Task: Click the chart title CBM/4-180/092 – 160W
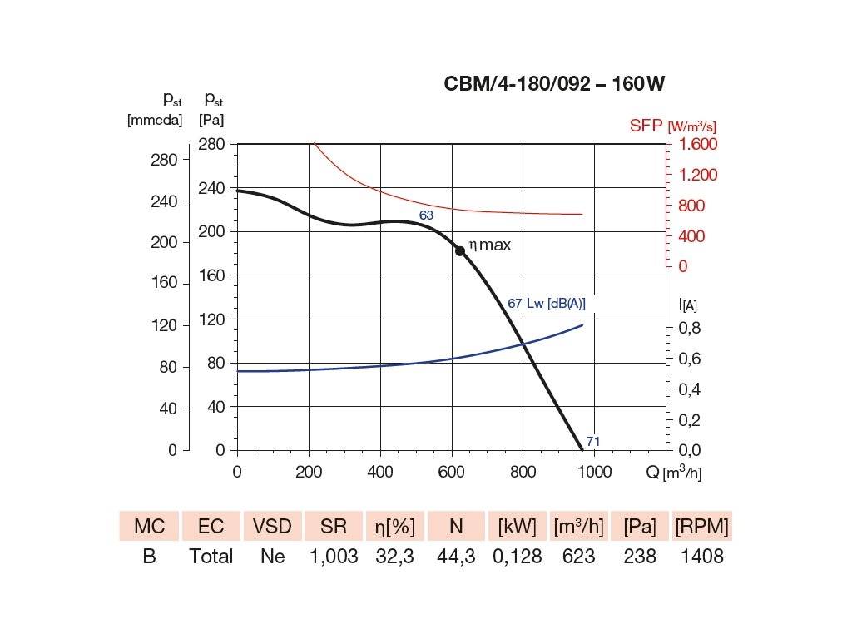point(553,83)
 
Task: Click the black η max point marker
point(460,250)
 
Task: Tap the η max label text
point(490,245)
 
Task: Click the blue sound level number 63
point(426,215)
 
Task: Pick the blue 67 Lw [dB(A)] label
point(547,304)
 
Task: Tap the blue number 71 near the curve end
point(593,441)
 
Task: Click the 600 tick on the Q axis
point(452,472)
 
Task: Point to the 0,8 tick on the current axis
point(696,329)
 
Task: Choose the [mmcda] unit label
point(155,120)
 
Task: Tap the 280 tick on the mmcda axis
point(163,160)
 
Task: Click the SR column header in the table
point(333,527)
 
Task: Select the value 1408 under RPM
point(701,557)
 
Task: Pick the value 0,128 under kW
point(517,557)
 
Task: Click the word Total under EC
point(211,557)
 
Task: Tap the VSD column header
point(273,527)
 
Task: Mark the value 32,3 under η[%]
point(394,557)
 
